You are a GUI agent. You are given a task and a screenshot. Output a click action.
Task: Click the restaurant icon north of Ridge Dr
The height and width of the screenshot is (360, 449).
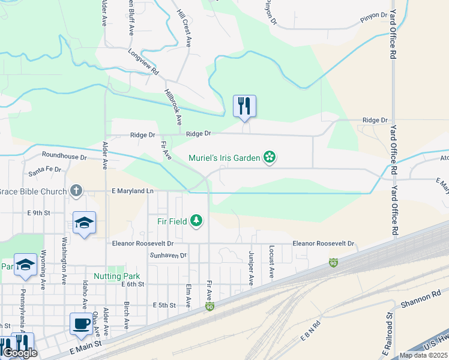(244, 106)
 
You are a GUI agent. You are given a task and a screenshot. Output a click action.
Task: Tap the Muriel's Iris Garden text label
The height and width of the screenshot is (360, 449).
(224, 158)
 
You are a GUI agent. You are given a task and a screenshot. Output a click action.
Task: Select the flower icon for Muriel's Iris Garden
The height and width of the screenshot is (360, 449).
(270, 158)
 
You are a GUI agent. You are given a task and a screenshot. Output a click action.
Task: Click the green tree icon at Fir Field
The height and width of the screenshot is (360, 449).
(196, 221)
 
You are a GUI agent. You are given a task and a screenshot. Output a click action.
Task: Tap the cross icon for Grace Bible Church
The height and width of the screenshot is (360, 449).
(76, 191)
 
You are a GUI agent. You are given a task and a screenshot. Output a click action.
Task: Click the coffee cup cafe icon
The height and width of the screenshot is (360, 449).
(82, 324)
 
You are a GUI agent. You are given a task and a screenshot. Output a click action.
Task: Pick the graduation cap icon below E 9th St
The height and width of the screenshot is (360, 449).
(84, 223)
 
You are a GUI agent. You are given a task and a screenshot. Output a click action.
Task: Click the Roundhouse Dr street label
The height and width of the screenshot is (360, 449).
(64, 157)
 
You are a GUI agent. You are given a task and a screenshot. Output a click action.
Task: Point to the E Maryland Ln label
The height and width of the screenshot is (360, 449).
(133, 191)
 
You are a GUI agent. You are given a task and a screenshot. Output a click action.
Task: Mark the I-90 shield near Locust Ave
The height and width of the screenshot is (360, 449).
(333, 263)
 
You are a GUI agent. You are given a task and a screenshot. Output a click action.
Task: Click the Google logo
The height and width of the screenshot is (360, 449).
(20, 353)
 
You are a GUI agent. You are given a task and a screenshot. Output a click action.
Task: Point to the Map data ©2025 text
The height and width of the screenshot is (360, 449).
(423, 355)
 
